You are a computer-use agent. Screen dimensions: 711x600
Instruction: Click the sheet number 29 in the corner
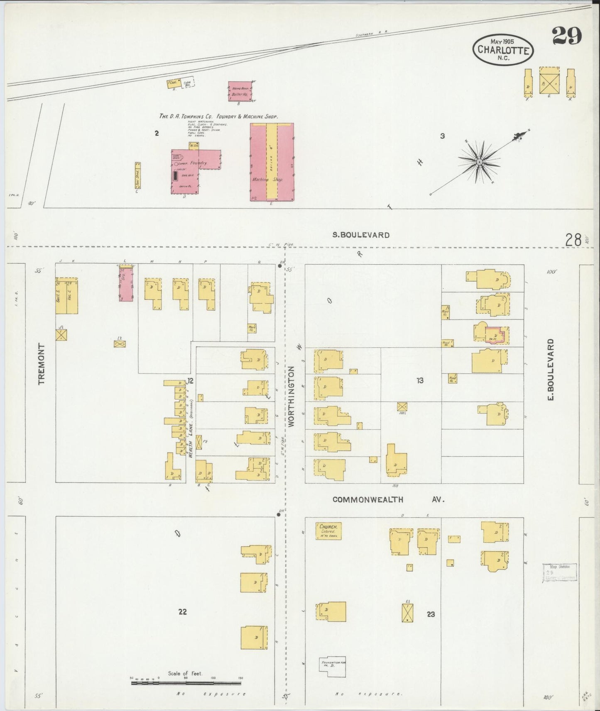click(567, 36)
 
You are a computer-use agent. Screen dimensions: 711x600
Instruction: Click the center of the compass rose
click(479, 162)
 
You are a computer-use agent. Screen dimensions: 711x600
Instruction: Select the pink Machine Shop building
click(272, 162)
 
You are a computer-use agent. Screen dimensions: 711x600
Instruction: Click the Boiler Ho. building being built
click(240, 91)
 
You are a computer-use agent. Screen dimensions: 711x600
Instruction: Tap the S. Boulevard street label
click(361, 235)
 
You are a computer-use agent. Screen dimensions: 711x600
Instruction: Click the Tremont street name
click(42, 364)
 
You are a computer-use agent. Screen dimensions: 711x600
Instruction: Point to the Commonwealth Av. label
click(388, 500)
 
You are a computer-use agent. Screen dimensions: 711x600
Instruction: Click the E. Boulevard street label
click(551, 370)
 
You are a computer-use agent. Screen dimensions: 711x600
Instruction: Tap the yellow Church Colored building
click(328, 531)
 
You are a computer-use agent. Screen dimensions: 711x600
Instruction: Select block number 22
click(182, 611)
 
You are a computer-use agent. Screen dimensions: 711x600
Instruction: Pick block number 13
click(420, 380)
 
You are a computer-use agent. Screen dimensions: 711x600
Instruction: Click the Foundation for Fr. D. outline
click(332, 667)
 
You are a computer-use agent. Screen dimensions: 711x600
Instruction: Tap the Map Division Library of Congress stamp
click(559, 572)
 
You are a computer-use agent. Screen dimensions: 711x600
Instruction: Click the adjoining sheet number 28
click(574, 240)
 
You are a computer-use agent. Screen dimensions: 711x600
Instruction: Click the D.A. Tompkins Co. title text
click(218, 117)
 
